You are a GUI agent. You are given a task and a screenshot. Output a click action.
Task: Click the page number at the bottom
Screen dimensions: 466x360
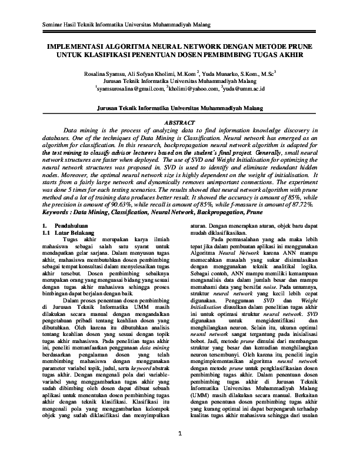[x=179, y=451]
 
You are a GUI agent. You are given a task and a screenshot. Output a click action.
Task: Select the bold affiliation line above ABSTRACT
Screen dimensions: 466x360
[x=179, y=109]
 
